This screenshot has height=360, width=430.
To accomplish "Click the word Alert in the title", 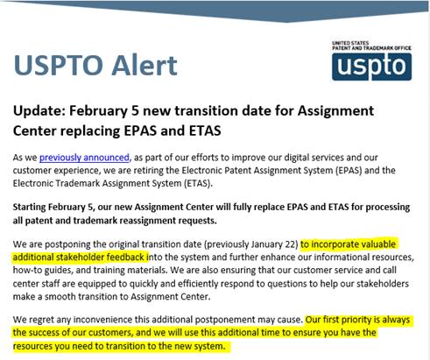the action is [145, 65].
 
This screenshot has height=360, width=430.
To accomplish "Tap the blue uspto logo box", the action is [371, 67].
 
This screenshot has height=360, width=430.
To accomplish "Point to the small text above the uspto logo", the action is [371, 46].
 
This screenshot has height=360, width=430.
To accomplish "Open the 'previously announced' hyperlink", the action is [84, 158].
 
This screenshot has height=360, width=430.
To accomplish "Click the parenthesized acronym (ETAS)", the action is [197, 184].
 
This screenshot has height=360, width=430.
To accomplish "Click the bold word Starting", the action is [29, 208].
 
